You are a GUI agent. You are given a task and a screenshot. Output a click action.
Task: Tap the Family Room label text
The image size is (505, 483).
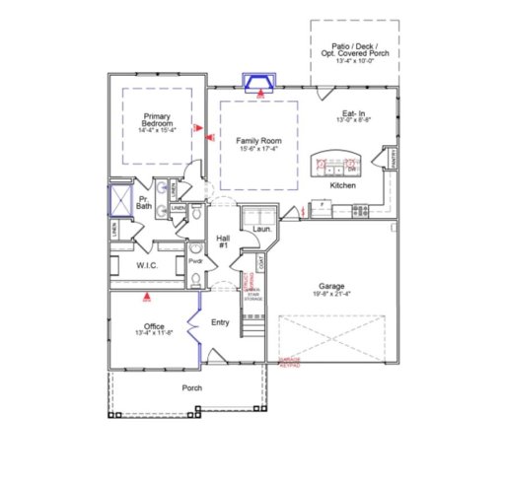(x=257, y=142)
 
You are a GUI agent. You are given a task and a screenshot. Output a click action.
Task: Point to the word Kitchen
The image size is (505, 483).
(x=342, y=184)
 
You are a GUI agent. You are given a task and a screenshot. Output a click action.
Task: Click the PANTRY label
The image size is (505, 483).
(x=392, y=158)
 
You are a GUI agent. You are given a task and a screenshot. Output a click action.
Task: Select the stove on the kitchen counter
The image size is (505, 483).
(x=360, y=208)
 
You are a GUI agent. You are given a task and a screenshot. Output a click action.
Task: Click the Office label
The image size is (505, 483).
(x=154, y=325)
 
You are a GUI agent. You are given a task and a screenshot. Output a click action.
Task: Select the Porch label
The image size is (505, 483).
(x=192, y=387)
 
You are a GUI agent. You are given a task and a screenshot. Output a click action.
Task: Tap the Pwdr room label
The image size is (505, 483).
(x=195, y=261)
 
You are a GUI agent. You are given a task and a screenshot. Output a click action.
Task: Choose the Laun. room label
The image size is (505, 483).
(x=261, y=229)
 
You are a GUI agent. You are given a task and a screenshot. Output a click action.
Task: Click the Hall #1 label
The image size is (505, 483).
(x=223, y=241)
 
